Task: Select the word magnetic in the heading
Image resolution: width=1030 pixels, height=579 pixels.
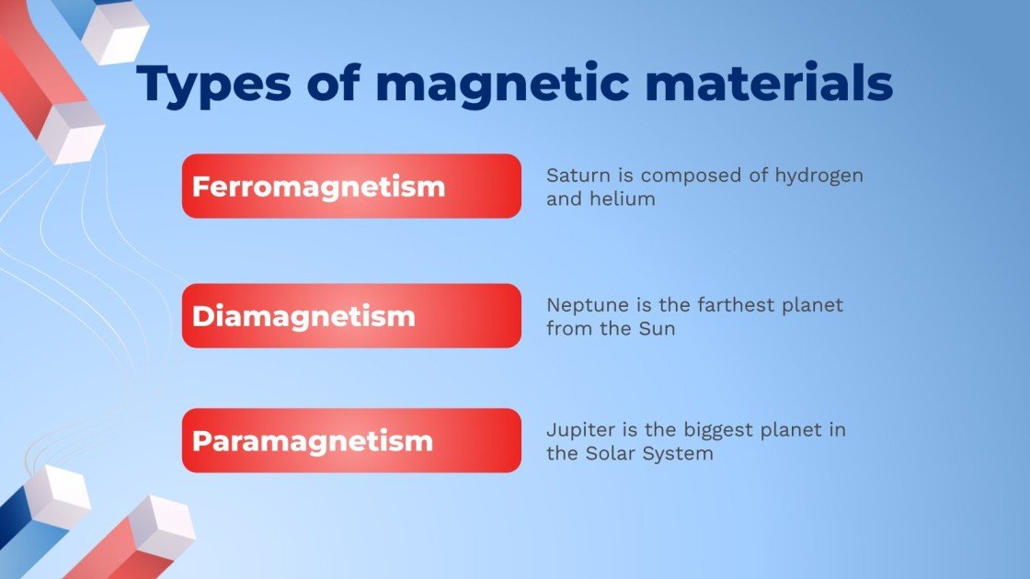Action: tap(502, 84)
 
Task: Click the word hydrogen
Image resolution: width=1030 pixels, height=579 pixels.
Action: tap(819, 176)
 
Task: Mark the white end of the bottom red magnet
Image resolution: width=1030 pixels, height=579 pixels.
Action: tap(162, 529)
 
